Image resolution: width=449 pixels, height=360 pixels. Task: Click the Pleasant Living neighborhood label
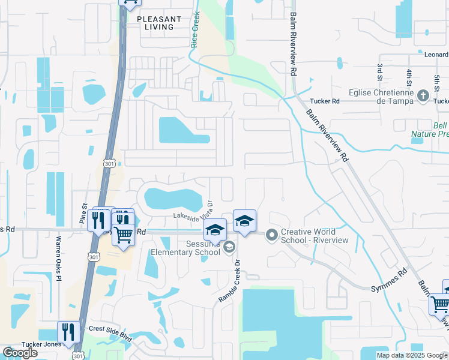pyautogui.click(x=159, y=23)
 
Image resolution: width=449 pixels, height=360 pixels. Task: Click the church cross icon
pyautogui.click(x=423, y=95)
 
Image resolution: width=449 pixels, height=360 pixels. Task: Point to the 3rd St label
pyautogui.click(x=380, y=71)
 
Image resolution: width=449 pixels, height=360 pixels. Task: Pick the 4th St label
pyautogui.click(x=409, y=77)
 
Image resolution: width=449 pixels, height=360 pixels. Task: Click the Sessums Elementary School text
pyautogui.click(x=185, y=248)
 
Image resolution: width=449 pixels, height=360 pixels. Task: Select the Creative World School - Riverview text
pyautogui.click(x=315, y=236)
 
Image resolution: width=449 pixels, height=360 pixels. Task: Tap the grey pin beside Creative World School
pyautogui.click(x=272, y=235)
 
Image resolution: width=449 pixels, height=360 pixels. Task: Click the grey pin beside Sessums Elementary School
pyautogui.click(x=229, y=247)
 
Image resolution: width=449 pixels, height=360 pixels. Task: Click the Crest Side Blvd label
pyautogui.click(x=110, y=329)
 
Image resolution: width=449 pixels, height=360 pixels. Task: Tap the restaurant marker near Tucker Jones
pyautogui.click(x=68, y=332)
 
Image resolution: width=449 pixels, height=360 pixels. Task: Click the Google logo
pyautogui.click(x=20, y=353)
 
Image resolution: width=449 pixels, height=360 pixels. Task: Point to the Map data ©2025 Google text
pyautogui.click(x=411, y=355)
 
